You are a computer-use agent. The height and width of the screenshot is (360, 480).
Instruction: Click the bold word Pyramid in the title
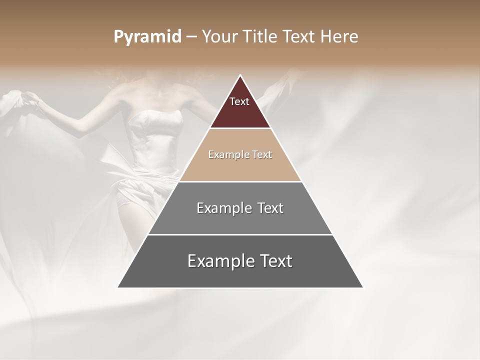(x=147, y=37)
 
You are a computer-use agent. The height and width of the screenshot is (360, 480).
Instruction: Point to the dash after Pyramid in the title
(x=191, y=37)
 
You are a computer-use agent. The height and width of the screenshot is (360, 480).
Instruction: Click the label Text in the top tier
(x=239, y=101)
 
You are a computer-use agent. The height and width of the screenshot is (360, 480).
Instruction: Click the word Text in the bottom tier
(x=273, y=261)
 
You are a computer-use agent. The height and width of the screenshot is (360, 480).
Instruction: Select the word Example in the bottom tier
(x=219, y=261)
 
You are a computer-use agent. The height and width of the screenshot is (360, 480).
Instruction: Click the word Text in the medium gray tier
(x=267, y=208)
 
